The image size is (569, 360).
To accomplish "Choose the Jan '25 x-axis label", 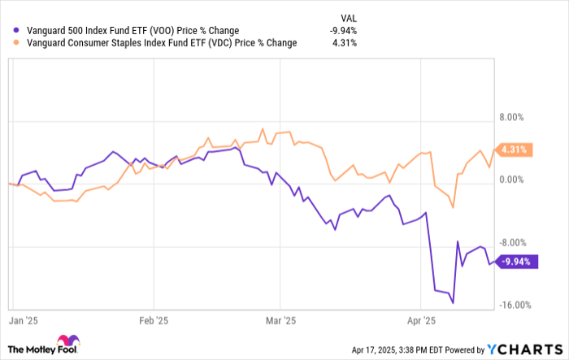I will point(24,320).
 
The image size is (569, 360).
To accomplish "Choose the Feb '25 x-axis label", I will point(154,320).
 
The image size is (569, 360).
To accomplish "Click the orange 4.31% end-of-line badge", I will point(515,150).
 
